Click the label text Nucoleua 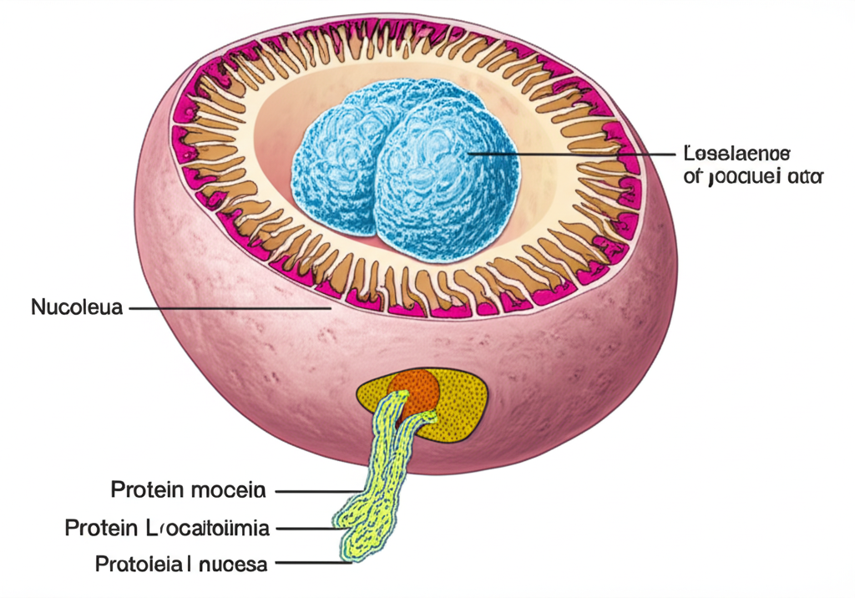[x=77, y=307]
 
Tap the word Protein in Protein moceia [x=144, y=489]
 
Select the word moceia [x=228, y=489]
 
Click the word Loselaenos [x=736, y=155]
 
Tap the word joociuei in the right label [x=744, y=177]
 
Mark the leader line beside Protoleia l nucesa [x=309, y=565]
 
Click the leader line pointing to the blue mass [x=576, y=155]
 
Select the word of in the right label [x=692, y=177]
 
